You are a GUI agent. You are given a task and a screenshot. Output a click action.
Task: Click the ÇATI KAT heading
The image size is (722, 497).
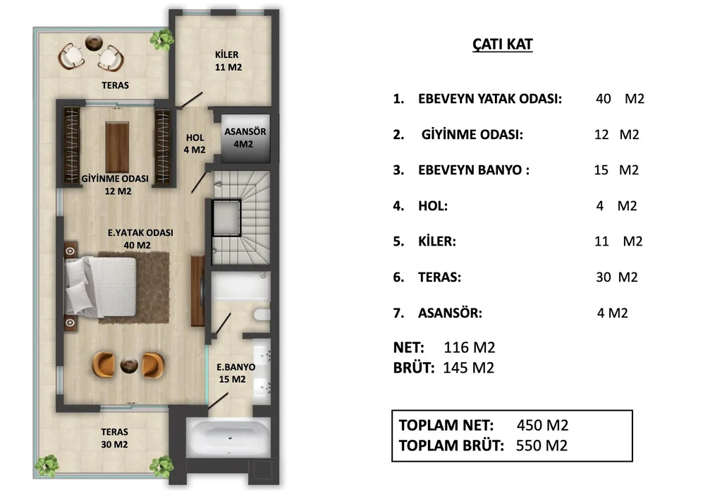(x=502, y=44)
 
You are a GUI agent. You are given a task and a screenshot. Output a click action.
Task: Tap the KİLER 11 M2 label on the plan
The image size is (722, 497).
(x=228, y=61)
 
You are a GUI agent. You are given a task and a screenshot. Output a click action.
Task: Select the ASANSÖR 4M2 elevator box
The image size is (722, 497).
(x=245, y=138)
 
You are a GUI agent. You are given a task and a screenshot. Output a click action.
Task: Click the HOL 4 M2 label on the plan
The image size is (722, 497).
(x=195, y=143)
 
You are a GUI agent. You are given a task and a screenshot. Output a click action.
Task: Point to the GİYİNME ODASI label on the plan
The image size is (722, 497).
(x=115, y=179)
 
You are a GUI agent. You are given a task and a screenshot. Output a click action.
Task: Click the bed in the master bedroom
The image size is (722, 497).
(x=101, y=287)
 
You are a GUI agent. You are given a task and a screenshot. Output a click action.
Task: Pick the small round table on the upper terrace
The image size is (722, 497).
(x=94, y=42)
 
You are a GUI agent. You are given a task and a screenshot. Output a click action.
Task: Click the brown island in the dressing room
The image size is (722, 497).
(x=117, y=147)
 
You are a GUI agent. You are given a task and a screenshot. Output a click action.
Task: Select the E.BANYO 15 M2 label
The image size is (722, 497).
(x=235, y=373)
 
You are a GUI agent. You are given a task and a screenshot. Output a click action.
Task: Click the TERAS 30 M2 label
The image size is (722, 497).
(x=114, y=438)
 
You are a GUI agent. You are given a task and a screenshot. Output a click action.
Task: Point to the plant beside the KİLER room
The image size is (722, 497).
(x=162, y=40)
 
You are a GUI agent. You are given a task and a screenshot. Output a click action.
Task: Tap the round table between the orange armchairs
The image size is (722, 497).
(x=129, y=365)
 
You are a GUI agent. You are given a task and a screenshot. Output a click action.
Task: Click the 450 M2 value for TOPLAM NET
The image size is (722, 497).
(x=542, y=425)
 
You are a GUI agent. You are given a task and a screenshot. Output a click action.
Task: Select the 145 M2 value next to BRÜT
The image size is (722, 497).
(x=468, y=367)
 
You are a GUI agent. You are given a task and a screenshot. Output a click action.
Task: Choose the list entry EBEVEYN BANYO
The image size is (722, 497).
(x=473, y=170)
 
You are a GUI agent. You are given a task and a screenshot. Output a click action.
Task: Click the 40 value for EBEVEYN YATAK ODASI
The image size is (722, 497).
(x=604, y=99)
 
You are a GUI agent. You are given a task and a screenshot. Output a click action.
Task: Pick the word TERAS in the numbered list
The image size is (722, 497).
(x=439, y=277)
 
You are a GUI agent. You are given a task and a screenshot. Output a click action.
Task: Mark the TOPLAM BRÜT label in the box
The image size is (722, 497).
(x=451, y=446)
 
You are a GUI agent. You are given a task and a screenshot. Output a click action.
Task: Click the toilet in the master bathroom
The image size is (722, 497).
(x=262, y=314)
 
